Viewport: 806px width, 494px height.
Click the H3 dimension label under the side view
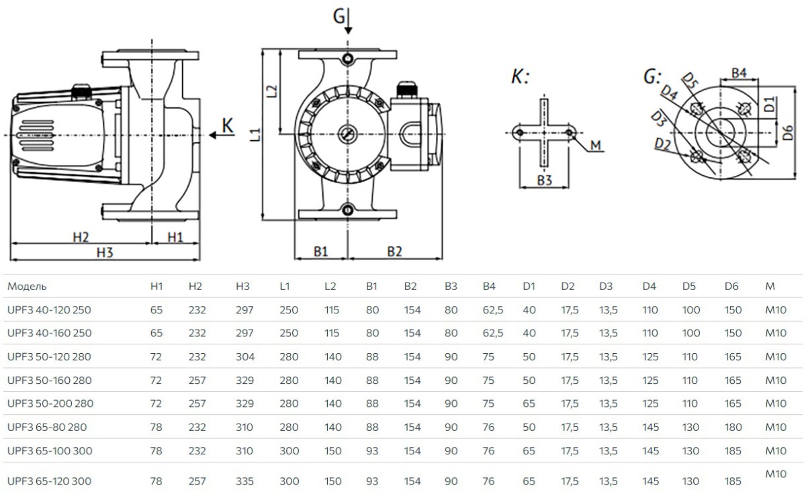[103, 252]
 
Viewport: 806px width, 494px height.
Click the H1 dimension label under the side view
[175, 237]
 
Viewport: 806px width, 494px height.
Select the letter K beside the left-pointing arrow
[228, 126]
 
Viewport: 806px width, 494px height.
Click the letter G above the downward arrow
[341, 15]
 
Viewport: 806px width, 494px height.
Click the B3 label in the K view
[545, 181]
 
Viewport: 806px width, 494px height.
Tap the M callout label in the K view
[595, 146]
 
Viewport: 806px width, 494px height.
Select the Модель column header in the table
[27, 287]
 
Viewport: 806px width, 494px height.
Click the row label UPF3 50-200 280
[50, 403]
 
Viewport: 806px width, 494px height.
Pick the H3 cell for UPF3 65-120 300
[243, 481]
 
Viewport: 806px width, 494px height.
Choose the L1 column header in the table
[285, 287]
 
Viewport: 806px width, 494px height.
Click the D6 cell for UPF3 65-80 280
[733, 427]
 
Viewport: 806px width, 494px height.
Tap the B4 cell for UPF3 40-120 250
[493, 310]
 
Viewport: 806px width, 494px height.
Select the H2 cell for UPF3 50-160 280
[197, 381]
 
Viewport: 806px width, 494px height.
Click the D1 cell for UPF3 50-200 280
[529, 403]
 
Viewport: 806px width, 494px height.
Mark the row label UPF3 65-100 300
[50, 450]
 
